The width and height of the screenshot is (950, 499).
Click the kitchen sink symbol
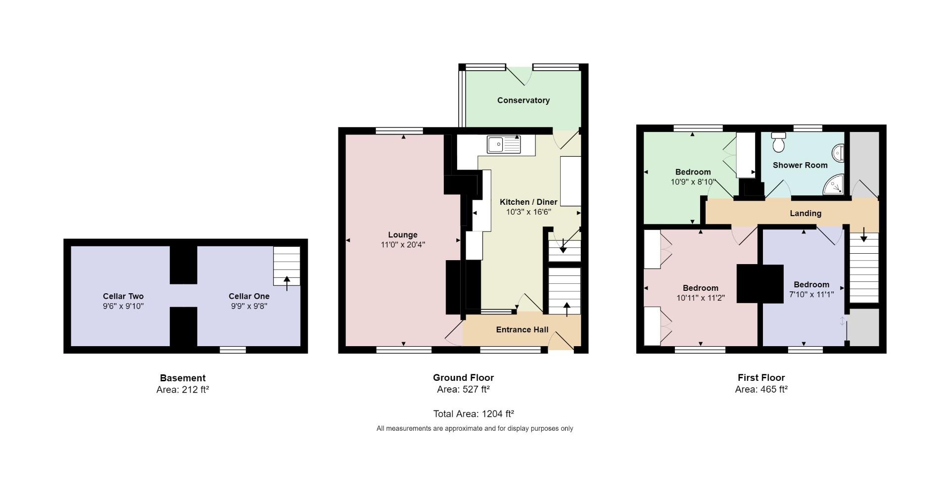504,144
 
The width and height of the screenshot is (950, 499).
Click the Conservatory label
523,100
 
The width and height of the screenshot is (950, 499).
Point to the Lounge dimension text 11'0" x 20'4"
403,244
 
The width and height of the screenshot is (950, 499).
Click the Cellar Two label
123,296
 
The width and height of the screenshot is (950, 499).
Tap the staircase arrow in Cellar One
286,283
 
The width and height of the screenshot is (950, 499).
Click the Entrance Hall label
522,330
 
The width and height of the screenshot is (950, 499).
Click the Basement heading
183,378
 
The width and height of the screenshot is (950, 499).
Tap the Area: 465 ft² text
761,389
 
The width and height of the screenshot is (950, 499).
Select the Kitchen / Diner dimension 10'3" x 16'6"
528,212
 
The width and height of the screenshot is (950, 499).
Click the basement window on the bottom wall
233,350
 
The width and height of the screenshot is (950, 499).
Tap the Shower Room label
800,165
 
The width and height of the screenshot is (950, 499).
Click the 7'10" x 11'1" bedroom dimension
811,294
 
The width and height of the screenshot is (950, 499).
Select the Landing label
805,213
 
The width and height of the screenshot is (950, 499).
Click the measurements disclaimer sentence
475,428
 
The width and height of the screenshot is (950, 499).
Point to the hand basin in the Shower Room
838,153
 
